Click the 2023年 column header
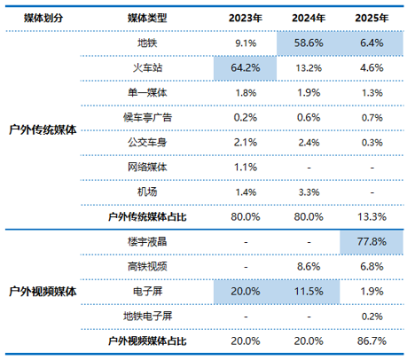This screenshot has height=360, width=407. (x=246, y=18)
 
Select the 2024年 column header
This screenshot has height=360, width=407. (x=309, y=18)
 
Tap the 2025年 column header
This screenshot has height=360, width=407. (x=372, y=18)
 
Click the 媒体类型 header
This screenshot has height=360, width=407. (x=147, y=18)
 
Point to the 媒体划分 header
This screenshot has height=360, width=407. (x=43, y=18)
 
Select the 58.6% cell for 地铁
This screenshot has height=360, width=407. (x=309, y=43)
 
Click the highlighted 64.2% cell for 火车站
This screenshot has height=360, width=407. (x=246, y=68)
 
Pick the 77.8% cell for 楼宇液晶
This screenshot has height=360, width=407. (x=372, y=242)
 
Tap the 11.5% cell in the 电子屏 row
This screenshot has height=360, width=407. (x=309, y=292)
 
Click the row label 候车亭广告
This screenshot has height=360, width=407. (x=147, y=118)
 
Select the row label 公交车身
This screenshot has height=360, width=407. (x=147, y=143)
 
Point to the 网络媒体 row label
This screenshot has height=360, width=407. (x=147, y=168)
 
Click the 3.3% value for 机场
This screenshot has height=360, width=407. (x=309, y=192)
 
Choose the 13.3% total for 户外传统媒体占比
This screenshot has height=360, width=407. (x=372, y=217)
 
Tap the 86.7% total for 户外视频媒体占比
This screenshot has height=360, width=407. (x=372, y=341)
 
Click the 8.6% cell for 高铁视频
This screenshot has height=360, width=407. (x=309, y=267)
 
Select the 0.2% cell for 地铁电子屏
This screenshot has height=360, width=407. (x=372, y=317)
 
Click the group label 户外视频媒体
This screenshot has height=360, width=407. (x=43, y=292)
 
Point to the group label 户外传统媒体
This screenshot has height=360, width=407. (x=43, y=130)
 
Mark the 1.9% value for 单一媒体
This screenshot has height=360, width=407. (x=309, y=93)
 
